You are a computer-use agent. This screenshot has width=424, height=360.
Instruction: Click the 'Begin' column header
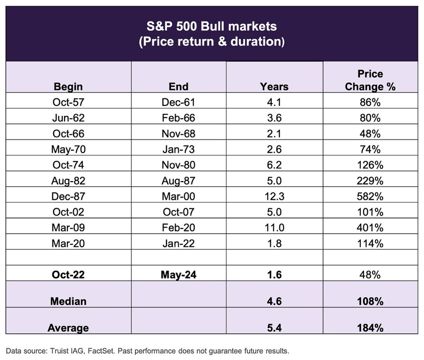68,86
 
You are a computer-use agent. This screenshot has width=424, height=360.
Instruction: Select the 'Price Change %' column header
370,80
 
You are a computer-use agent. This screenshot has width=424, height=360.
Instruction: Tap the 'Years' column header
274,86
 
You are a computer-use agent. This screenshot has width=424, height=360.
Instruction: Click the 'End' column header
179,86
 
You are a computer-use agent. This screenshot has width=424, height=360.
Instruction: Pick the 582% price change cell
370,196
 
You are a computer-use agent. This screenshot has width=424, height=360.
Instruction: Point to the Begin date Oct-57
68,102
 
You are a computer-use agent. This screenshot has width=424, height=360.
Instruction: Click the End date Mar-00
178,196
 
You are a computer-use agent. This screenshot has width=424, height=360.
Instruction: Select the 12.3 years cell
274,196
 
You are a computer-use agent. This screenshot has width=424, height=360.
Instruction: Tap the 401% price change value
370,227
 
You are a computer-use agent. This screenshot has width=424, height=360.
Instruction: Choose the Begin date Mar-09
68,227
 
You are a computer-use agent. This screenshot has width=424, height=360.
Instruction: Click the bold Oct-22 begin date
68,274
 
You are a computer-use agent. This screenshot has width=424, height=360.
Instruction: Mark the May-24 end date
178,274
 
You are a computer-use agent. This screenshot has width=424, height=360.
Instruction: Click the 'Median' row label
68,301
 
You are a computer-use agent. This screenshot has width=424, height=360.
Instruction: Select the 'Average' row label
68,328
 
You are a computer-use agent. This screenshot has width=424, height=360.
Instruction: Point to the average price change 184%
370,328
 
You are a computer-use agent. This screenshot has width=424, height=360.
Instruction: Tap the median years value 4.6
274,301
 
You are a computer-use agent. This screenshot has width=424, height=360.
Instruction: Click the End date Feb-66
178,118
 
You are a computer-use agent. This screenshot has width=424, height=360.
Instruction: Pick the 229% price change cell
370,180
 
